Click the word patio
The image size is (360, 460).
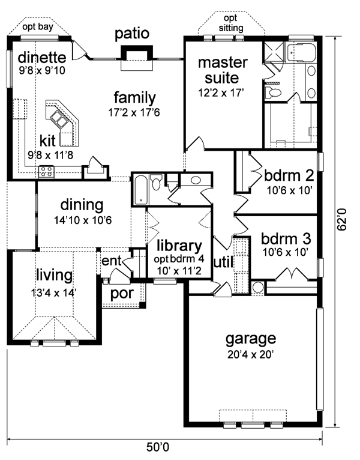click(x=132, y=34)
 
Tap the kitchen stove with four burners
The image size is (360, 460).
click(x=47, y=172)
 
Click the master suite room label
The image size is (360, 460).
click(x=223, y=70)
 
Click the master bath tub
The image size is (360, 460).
click(x=302, y=52)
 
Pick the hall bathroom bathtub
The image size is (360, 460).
click(x=141, y=190)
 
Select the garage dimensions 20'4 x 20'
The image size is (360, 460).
click(x=251, y=355)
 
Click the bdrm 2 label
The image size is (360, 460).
click(x=289, y=175)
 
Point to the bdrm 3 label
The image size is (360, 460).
click(x=286, y=239)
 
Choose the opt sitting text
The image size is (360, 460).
click(x=231, y=23)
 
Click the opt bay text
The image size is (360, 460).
click(x=38, y=27)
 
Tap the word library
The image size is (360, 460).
click(x=179, y=246)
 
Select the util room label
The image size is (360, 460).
click(x=224, y=262)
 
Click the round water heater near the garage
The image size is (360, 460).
click(x=258, y=287)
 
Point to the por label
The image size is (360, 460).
click(x=122, y=294)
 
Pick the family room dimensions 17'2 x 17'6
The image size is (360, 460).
click(x=134, y=112)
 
